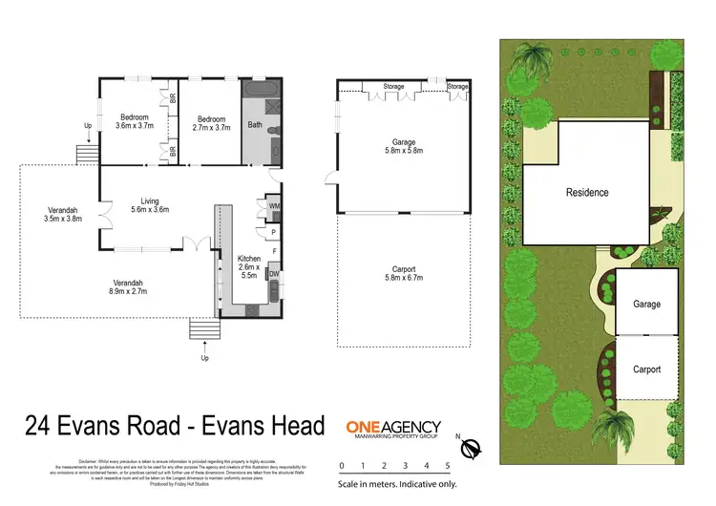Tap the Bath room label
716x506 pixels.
(x=255, y=124)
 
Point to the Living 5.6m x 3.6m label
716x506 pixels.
(x=149, y=205)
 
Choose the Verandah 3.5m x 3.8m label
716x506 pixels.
(x=62, y=215)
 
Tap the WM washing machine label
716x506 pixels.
(x=274, y=205)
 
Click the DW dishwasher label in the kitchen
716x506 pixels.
(x=274, y=274)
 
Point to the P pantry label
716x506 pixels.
(x=273, y=231)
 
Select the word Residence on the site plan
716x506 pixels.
(x=586, y=192)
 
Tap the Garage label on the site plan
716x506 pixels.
(x=646, y=304)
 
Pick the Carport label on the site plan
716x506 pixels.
(x=646, y=369)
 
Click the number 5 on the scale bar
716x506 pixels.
(x=448, y=467)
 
